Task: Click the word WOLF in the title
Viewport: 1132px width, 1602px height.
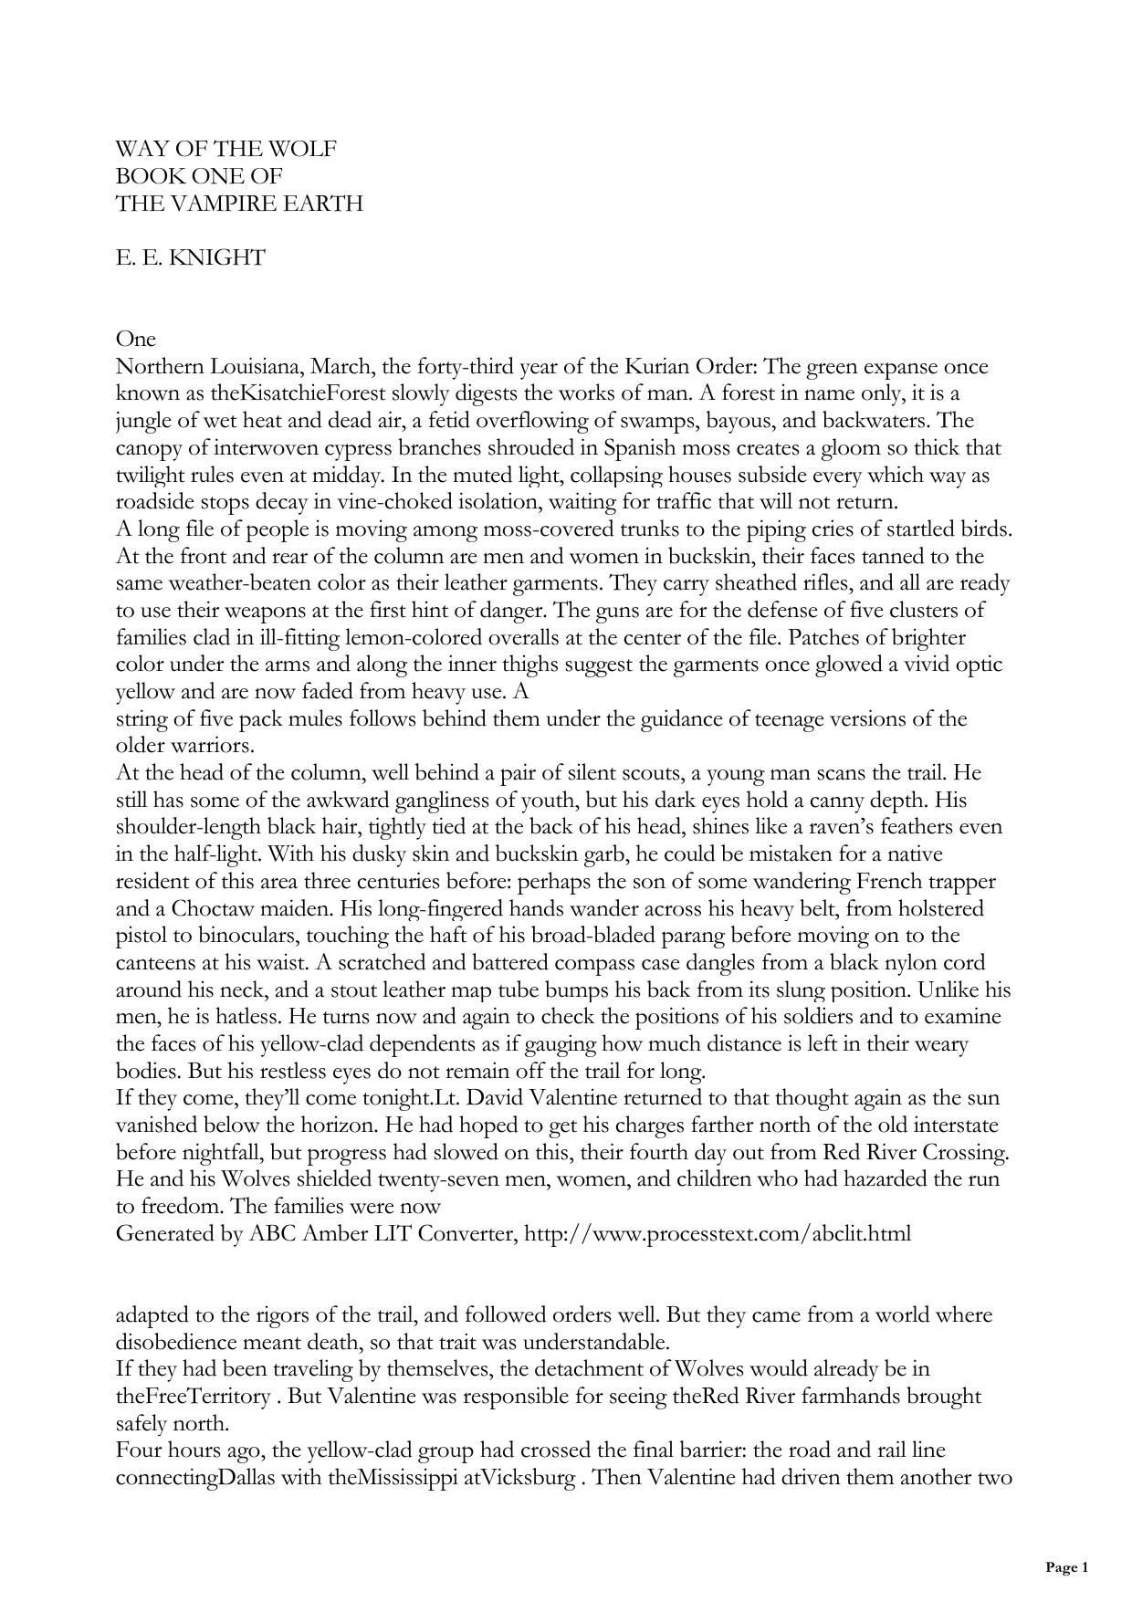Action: pos(305,149)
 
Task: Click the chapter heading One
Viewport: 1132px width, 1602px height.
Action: pos(136,339)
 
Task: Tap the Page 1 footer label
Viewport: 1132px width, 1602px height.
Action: pos(1067,1567)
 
